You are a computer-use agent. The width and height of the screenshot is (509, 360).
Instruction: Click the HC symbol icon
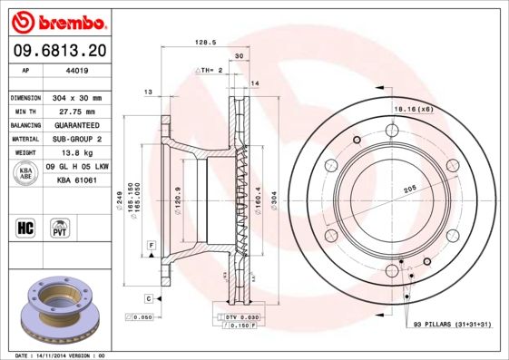(25, 228)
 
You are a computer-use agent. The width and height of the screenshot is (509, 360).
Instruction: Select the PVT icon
(61, 228)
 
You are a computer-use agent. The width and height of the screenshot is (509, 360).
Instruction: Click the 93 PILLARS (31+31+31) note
(452, 324)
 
